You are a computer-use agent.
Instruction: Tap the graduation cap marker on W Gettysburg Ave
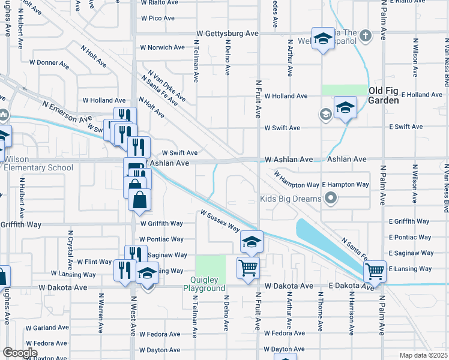click(x=323, y=39)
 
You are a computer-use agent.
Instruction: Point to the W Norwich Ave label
click(x=162, y=47)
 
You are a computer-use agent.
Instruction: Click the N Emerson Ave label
click(x=66, y=112)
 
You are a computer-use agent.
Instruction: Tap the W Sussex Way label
click(x=220, y=221)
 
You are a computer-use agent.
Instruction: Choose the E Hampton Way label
click(x=345, y=185)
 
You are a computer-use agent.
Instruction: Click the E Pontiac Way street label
click(x=409, y=238)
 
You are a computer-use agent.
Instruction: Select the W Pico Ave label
click(x=157, y=19)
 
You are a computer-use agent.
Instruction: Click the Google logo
click(x=20, y=353)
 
